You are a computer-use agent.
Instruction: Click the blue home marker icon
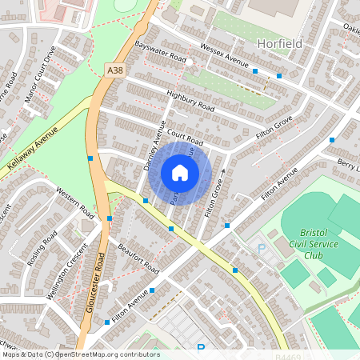[x=180, y=172]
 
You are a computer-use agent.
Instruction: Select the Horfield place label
[x=280, y=43]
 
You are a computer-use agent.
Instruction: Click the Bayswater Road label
[x=160, y=54]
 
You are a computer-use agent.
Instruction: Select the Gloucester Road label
[x=93, y=284]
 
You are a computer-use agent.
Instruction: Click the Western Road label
[x=75, y=202]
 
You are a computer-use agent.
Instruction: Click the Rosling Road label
[x=41, y=252]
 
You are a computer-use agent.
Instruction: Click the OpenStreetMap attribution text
[x=80, y=354]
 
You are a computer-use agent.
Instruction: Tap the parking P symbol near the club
[x=261, y=249]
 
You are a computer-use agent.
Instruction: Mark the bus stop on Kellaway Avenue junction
[x=90, y=158]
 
